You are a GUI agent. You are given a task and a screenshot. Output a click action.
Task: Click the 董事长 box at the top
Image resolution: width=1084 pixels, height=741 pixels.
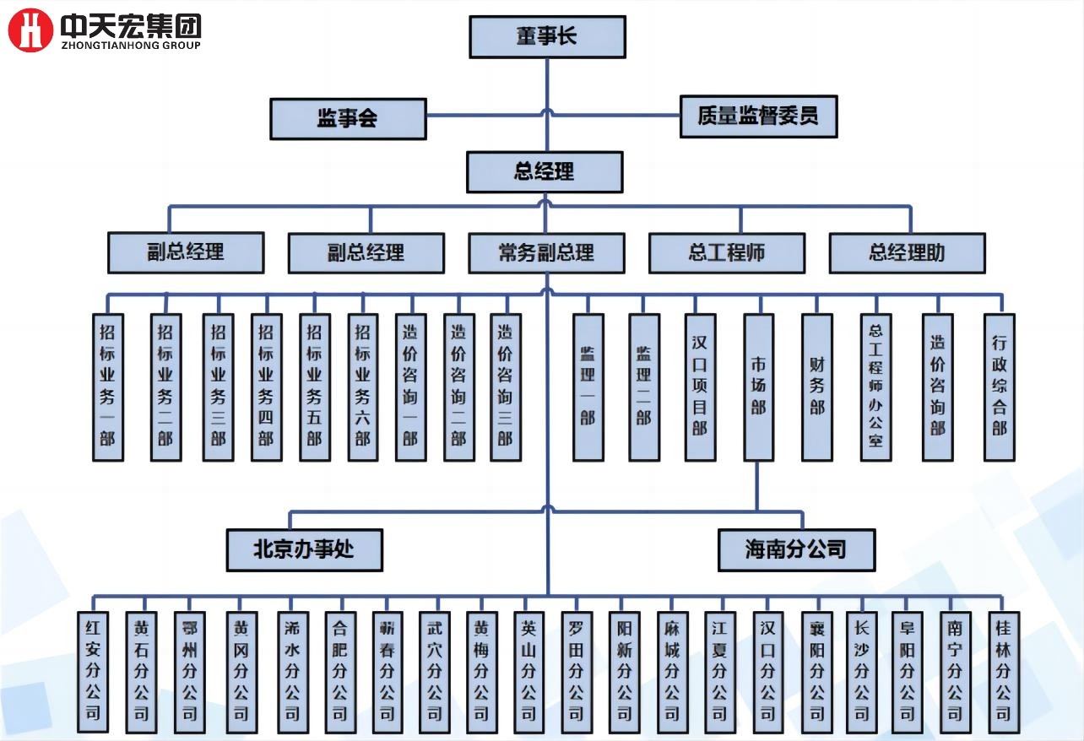coord(547,37)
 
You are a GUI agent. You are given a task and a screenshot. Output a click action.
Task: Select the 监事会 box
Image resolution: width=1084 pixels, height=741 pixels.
coord(348,118)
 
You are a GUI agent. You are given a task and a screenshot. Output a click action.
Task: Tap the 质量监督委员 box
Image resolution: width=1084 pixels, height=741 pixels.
coord(758,116)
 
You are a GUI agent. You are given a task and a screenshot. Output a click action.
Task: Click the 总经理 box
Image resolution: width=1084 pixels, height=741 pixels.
coord(545,172)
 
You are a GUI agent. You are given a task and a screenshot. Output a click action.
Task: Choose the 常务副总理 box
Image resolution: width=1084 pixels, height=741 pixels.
coord(546,252)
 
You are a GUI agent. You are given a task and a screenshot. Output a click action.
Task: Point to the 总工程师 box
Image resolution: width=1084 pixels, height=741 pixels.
coord(726,252)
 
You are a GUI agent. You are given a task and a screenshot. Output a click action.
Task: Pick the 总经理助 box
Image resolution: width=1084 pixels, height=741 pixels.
coord(907,252)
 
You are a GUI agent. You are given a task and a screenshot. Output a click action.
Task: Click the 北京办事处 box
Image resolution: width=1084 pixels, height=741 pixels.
coord(304,550)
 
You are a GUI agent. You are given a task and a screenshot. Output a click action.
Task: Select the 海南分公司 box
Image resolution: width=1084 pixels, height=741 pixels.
coord(796,550)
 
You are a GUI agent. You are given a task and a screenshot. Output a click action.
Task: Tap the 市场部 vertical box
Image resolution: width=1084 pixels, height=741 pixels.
coord(758,387)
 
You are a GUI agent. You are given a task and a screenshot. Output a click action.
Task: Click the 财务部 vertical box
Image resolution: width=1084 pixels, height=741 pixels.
coord(816,387)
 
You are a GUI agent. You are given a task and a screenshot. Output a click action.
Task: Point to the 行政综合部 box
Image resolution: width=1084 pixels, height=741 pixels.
coord(999,387)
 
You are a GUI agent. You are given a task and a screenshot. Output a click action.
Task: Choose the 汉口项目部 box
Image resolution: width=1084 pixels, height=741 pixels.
coord(700,387)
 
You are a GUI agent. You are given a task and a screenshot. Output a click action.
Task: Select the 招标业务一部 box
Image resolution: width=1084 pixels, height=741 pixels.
coord(108,387)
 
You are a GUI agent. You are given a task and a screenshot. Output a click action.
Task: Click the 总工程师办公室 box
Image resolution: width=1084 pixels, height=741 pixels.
coord(875,387)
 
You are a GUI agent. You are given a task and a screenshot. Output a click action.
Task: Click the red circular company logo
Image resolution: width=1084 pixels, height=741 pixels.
coord(30,30)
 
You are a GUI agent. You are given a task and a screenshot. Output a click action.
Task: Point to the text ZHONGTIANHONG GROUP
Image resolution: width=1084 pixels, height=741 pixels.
coord(131,46)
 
